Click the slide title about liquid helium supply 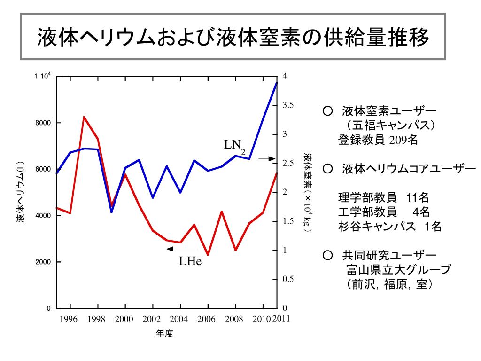(x=233, y=37)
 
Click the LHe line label (x=190, y=261)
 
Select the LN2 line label (x=234, y=146)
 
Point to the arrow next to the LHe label (x=182, y=249)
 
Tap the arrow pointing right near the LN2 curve (x=266, y=159)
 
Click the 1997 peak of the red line (x=84, y=117)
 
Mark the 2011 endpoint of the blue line (x=277, y=83)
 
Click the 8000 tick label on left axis (x=43, y=123)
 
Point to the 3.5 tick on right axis (x=288, y=105)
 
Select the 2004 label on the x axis (x=179, y=320)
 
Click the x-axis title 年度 (x=165, y=334)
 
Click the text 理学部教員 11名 (x=383, y=197)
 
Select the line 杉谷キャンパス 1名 (x=390, y=227)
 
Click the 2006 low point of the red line (x=208, y=255)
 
